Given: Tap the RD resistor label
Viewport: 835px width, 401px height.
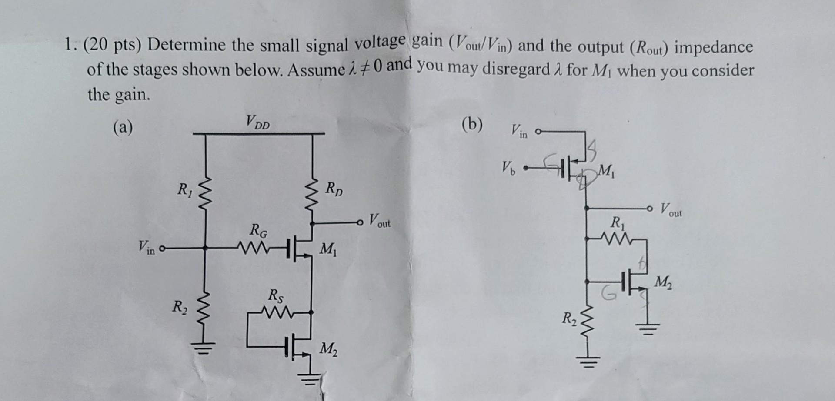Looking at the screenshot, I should click(x=334, y=189).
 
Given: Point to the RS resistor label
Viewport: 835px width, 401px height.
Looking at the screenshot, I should click(x=276, y=296).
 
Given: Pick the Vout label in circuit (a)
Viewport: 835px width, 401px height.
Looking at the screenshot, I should click(x=380, y=220).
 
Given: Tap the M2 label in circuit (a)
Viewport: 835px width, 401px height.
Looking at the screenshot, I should click(x=329, y=349).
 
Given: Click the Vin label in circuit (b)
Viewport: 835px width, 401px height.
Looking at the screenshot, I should click(x=519, y=130).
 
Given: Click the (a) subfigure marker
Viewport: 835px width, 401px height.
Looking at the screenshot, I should click(x=123, y=127).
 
